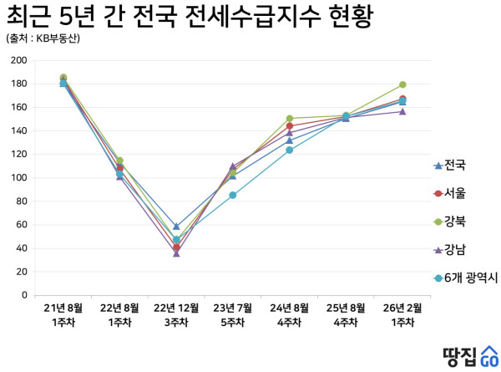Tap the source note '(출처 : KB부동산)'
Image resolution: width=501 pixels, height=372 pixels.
click(48, 38)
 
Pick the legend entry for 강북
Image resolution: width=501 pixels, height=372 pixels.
click(455, 221)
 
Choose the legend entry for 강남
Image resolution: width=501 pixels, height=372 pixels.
click(455, 249)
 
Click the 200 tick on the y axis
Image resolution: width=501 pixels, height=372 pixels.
click(18, 60)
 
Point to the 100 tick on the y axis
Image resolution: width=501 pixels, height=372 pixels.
click(18, 178)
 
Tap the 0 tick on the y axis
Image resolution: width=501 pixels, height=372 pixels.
click(24, 295)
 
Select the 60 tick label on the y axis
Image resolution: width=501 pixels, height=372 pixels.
click(21, 225)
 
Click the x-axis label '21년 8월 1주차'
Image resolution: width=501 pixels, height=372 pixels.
click(63, 314)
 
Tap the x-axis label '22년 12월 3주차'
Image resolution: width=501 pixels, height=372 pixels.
click(176, 314)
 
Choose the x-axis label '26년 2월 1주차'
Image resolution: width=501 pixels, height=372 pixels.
click(402, 314)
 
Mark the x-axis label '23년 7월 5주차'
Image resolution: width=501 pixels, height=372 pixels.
click(233, 314)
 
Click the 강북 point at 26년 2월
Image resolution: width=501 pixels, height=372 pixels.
click(402, 84)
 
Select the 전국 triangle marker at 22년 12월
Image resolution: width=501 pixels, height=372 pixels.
click(176, 227)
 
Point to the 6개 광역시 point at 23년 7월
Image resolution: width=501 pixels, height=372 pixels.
click(233, 196)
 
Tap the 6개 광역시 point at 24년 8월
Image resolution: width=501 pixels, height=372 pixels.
click(290, 150)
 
